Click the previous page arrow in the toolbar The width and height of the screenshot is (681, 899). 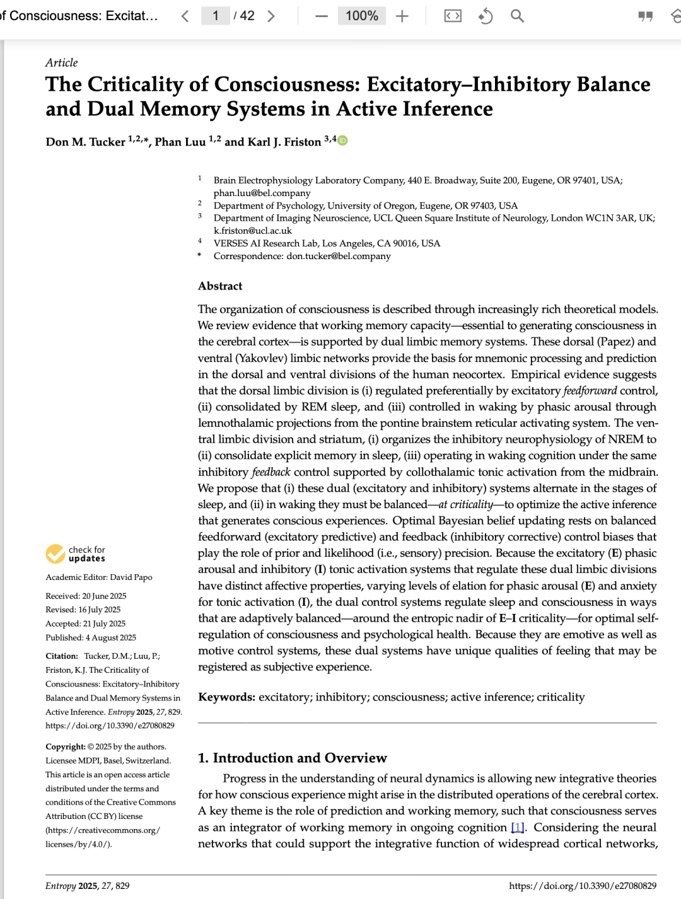click(x=185, y=16)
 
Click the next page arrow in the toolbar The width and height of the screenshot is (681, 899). click(x=271, y=16)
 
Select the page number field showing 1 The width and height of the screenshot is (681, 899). click(x=215, y=16)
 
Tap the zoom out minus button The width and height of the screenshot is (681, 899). click(x=322, y=16)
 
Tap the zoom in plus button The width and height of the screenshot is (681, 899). click(x=402, y=16)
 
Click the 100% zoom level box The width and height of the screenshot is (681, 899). click(x=361, y=16)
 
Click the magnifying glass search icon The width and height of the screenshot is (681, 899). click(x=517, y=16)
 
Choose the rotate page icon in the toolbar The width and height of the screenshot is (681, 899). click(x=485, y=16)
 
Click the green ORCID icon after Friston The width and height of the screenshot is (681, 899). click(x=342, y=141)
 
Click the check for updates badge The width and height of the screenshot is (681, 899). click(x=76, y=554)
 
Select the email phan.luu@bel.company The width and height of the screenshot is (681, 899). click(x=262, y=193)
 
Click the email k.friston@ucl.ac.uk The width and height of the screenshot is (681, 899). click(x=252, y=231)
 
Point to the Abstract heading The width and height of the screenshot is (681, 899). click(x=220, y=286)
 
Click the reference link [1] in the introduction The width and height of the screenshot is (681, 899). click(x=517, y=827)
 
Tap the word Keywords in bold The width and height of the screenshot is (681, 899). click(x=226, y=697)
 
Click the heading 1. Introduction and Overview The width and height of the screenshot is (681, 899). click(x=292, y=758)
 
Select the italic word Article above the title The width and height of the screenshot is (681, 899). click(x=61, y=63)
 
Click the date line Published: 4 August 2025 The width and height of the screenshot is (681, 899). click(x=91, y=637)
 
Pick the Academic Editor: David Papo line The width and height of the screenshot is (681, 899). click(x=99, y=577)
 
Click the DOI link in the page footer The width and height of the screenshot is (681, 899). click(x=583, y=886)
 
